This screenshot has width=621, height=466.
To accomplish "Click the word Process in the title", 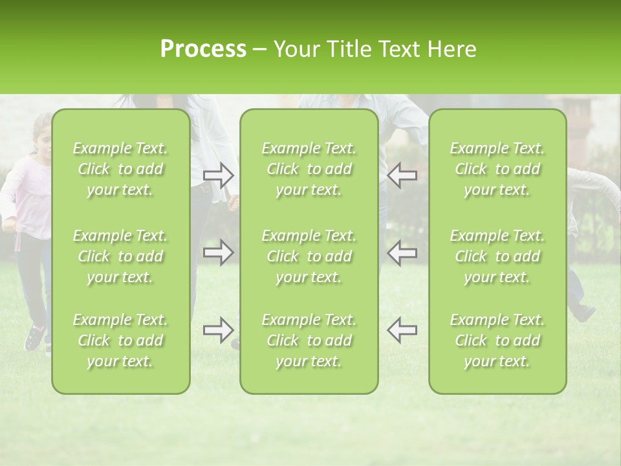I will coord(203,49).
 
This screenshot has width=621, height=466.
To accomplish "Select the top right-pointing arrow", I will coord(219,175).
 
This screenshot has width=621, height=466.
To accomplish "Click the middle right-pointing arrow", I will coord(219,252).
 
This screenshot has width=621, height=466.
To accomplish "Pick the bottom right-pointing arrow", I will coord(219,330).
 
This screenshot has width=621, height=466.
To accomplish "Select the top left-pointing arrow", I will coord(402,175).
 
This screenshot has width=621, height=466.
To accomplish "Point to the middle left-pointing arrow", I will coord(402,252).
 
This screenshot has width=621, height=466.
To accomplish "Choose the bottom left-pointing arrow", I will coord(402,330).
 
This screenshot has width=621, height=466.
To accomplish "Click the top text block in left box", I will coord(120,169).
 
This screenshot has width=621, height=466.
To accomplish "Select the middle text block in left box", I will coord(120,256).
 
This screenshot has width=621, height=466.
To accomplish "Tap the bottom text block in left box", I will coord(120,340).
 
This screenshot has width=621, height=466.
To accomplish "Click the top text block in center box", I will coord(309,169).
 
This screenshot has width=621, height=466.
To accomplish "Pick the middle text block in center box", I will coord(309,256).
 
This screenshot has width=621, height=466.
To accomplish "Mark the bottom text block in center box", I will coord(309,340).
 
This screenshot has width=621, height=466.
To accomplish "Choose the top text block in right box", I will coord(497,169).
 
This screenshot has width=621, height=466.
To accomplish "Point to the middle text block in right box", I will coord(497,256).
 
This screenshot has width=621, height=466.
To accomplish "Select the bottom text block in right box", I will coord(497,340).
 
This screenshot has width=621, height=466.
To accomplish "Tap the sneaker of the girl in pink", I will coord(34,337).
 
